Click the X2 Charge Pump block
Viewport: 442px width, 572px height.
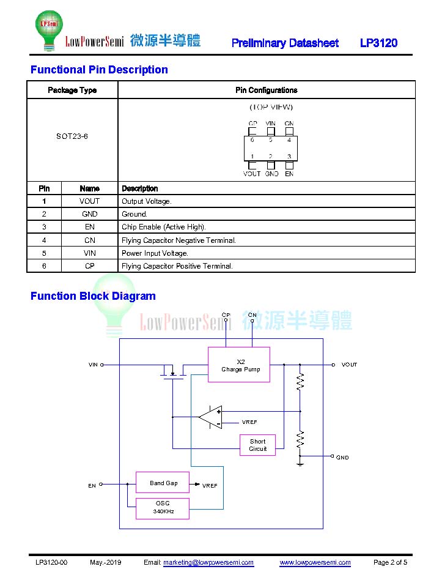(239, 365)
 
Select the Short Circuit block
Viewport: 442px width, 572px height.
(257, 445)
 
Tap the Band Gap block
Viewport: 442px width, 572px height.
(163, 483)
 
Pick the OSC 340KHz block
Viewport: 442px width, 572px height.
(163, 508)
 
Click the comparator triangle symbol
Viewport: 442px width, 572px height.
(210, 417)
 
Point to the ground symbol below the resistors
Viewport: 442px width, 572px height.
(300, 463)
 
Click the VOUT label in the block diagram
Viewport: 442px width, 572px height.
(349, 365)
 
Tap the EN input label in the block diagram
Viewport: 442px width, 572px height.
(92, 486)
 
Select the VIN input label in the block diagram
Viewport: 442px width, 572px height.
(93, 365)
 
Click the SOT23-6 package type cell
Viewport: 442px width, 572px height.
(72, 136)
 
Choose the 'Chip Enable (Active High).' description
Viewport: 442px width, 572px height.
(164, 227)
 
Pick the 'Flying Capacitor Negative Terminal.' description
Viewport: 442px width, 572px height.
(179, 240)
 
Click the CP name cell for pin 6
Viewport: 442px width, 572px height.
(90, 266)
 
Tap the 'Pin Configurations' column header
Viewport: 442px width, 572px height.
(266, 90)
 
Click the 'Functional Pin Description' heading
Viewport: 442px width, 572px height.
(99, 69)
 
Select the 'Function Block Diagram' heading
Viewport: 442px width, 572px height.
(93, 296)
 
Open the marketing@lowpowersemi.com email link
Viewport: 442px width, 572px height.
(208, 562)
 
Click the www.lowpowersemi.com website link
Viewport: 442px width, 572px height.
(315, 562)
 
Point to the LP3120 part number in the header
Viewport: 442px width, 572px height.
(378, 43)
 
